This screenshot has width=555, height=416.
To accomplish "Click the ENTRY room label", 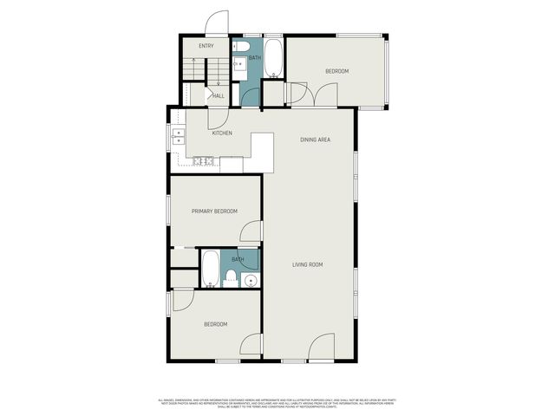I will [206, 46].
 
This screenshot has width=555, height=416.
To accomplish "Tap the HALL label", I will [219, 96].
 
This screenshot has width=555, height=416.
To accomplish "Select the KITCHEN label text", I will [222, 133].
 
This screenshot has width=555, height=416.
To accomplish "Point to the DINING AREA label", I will [315, 140].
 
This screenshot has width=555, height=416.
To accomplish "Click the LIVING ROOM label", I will [307, 264].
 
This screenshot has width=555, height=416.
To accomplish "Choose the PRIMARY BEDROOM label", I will [214, 211].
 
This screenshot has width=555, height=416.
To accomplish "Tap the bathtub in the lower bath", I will [210, 269].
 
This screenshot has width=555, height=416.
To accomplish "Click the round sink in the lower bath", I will [250, 280].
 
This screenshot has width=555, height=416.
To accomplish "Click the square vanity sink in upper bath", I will [238, 62].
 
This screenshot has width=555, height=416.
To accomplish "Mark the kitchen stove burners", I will [204, 160].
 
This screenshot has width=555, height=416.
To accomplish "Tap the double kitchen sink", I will [178, 136].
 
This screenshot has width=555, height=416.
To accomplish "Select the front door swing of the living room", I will [322, 347].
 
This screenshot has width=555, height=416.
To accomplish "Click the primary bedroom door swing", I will [251, 231].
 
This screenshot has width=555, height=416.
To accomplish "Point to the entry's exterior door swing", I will [217, 23].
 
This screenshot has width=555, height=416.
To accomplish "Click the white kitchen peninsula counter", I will [262, 151].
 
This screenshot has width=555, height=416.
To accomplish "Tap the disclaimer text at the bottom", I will [277, 403].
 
